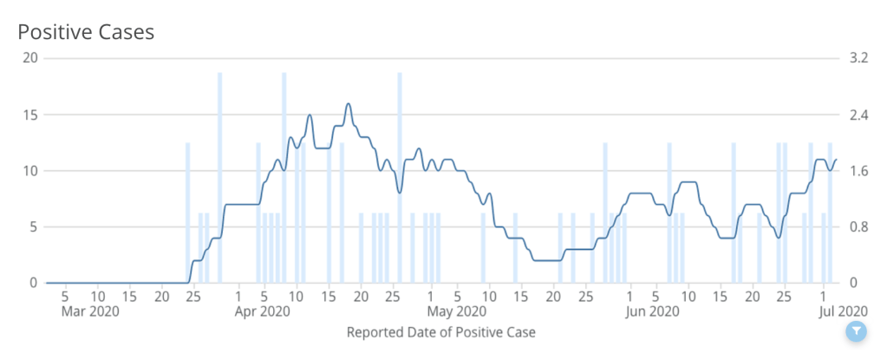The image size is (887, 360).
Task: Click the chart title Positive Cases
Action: (86, 33)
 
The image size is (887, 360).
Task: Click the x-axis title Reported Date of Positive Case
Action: (440, 332)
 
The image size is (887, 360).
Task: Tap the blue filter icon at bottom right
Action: (856, 331)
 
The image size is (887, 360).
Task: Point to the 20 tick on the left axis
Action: (29, 58)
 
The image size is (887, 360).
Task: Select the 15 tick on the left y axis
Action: (30, 115)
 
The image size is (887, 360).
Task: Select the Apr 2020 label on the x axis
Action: (262, 311)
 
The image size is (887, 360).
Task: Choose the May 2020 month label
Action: (456, 311)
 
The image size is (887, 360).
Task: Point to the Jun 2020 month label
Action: (652, 311)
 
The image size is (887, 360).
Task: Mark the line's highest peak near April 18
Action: (349, 104)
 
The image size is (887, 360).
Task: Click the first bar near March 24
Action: (188, 213)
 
